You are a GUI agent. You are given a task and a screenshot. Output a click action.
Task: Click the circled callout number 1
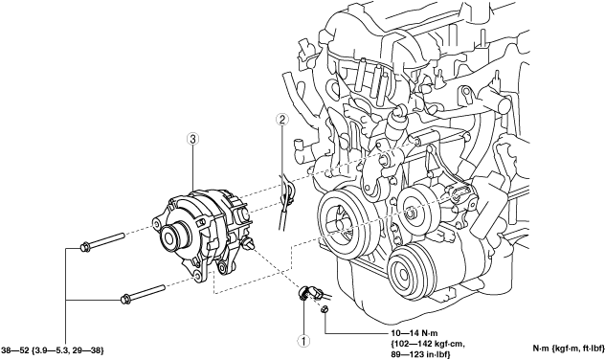point(303,340)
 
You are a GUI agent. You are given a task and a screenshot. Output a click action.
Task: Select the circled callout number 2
point(282,120)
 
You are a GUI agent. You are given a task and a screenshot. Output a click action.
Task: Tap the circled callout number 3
point(192,139)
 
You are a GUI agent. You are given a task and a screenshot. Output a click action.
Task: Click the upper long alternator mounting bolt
point(101,240)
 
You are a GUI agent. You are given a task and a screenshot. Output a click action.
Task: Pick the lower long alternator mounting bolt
point(143,294)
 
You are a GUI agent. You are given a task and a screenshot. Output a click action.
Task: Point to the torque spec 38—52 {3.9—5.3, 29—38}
point(53,350)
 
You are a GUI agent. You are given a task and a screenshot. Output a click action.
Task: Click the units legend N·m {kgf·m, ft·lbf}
point(569,349)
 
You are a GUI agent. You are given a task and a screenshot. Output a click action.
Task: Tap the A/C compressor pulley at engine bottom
point(407,273)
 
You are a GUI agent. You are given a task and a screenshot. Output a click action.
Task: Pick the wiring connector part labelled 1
point(308,293)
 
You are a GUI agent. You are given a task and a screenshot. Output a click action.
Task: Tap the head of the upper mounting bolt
point(84,247)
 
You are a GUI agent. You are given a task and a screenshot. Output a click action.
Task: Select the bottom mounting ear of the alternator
point(199,274)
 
